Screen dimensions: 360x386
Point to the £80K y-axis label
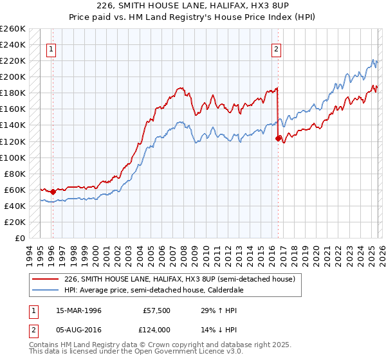pos(15,174)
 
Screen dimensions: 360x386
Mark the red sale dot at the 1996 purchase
pos(53,192)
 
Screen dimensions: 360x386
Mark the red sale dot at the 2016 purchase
pos(278,138)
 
